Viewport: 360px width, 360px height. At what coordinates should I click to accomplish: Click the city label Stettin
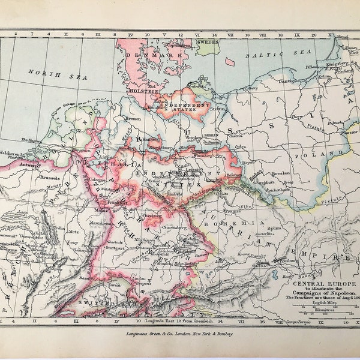click(x=217, y=109)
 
